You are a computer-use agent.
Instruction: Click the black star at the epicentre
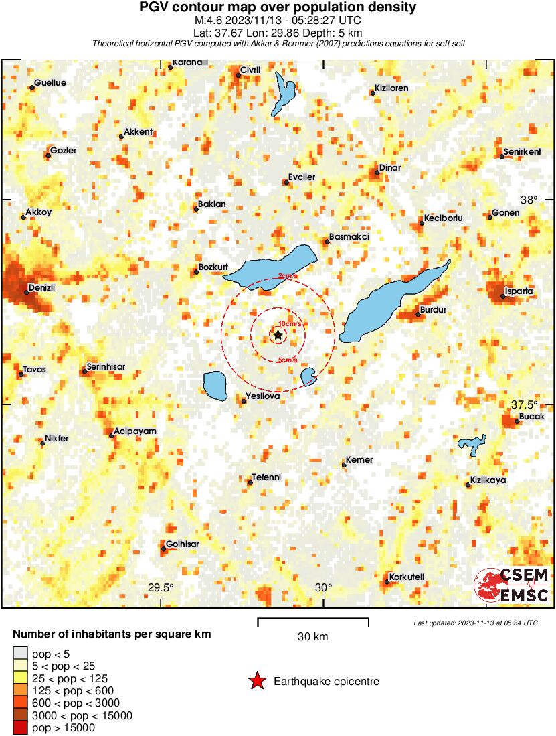(x=278, y=334)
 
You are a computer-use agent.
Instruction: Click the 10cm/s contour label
(x=288, y=324)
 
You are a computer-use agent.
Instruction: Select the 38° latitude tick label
(x=529, y=199)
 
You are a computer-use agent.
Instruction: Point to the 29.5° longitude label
(x=161, y=587)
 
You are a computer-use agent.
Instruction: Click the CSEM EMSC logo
(x=512, y=584)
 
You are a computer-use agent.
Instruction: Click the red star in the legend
(x=256, y=682)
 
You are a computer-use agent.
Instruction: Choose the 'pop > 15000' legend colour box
(x=20, y=728)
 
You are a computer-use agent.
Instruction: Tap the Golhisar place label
(x=182, y=544)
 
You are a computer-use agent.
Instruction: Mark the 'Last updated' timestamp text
(x=476, y=623)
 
